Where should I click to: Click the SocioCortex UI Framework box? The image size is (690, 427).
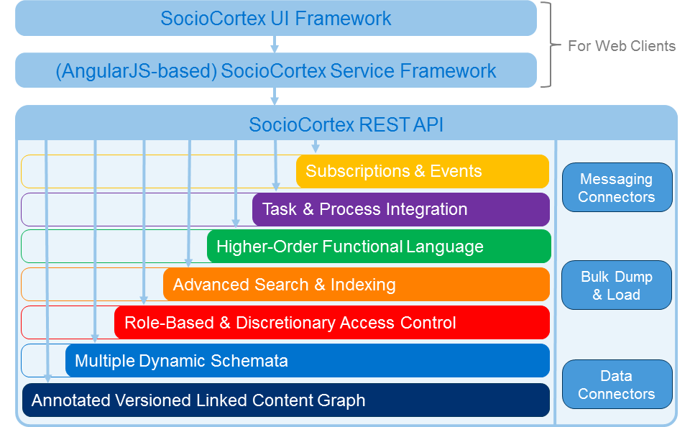click(276, 19)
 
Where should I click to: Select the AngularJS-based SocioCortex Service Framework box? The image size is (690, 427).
click(276, 70)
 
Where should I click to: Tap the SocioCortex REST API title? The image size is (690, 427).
click(346, 124)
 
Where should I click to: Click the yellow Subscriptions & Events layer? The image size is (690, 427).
click(423, 171)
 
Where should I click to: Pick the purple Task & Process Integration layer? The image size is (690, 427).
click(401, 209)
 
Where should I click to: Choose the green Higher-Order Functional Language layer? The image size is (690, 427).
click(379, 247)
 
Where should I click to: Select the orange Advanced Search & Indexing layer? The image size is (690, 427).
click(356, 285)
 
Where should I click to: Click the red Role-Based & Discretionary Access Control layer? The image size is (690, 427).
click(332, 323)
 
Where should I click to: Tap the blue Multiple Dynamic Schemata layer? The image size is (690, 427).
click(308, 361)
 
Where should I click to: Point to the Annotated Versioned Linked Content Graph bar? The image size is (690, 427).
click(286, 400)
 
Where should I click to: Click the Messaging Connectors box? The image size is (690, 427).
click(617, 188)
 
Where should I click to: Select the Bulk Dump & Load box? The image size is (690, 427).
click(617, 285)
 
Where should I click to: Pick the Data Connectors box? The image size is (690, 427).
click(617, 385)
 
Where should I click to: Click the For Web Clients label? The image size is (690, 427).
click(621, 46)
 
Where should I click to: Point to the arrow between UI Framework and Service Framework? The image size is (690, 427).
click(275, 45)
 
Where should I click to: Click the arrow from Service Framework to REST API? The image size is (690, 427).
click(275, 96)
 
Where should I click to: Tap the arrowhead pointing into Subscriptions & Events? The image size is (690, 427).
click(315, 148)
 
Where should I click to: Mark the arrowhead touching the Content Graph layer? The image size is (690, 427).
click(47, 379)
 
